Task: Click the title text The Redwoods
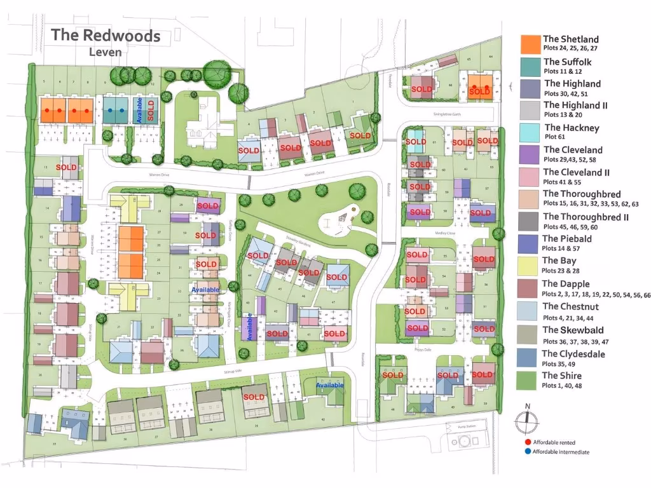(106, 35)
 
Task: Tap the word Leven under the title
(106, 52)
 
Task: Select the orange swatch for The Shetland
(530, 44)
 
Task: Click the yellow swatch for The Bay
(530, 264)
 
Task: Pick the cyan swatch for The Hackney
(530, 132)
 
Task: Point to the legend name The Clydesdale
(573, 354)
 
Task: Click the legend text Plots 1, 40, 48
(561, 386)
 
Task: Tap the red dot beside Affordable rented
(528, 442)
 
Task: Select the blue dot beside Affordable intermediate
(528, 452)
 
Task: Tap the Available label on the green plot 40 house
(330, 385)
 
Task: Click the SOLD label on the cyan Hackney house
(416, 142)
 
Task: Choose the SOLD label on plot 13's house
(66, 167)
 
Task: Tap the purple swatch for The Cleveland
(530, 154)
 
